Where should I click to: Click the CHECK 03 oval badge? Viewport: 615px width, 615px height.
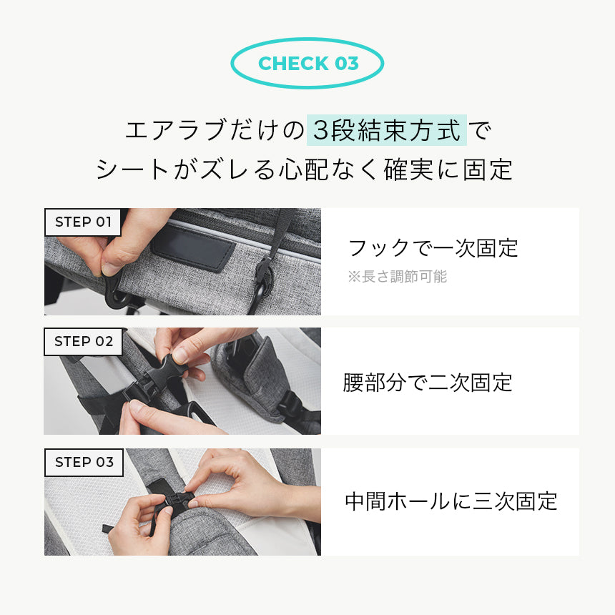pos(307,64)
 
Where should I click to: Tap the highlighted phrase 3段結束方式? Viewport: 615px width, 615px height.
pos(387,131)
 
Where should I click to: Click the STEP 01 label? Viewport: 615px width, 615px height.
pos(83,222)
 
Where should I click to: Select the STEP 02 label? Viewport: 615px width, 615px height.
pos(84,342)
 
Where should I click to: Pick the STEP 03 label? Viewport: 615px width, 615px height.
pos(84,462)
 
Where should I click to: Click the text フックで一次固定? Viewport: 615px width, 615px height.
pos(433,248)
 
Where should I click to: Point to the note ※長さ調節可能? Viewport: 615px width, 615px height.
pos(397,277)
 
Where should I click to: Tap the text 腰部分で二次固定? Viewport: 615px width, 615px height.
pos(428,383)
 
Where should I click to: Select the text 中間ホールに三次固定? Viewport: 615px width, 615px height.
pos(451,501)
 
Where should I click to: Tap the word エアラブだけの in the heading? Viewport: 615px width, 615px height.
pos(215,131)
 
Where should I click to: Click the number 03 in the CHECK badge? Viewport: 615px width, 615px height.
pos(346,64)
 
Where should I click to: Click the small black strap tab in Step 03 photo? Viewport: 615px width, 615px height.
pos(108,529)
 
